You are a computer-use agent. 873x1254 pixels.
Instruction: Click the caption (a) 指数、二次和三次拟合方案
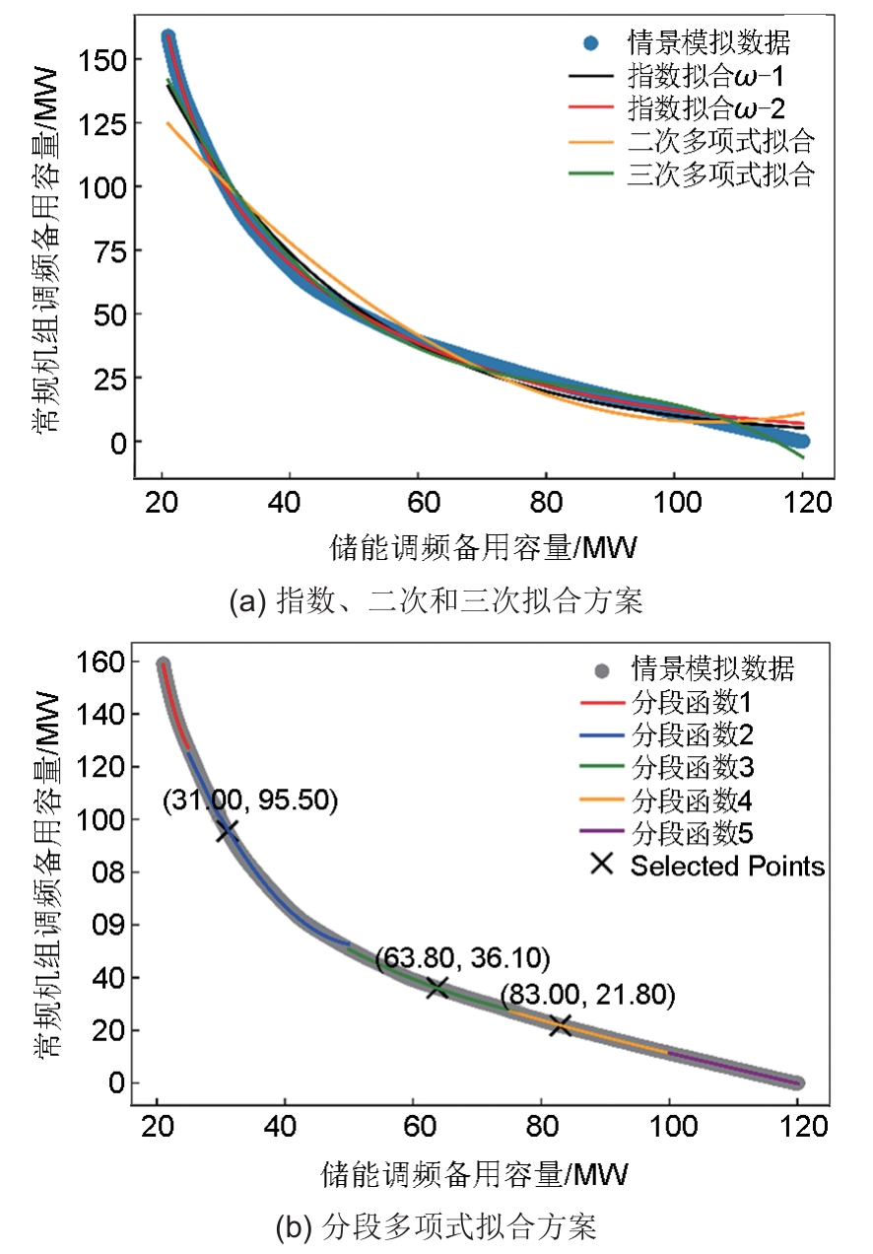pos(435,600)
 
